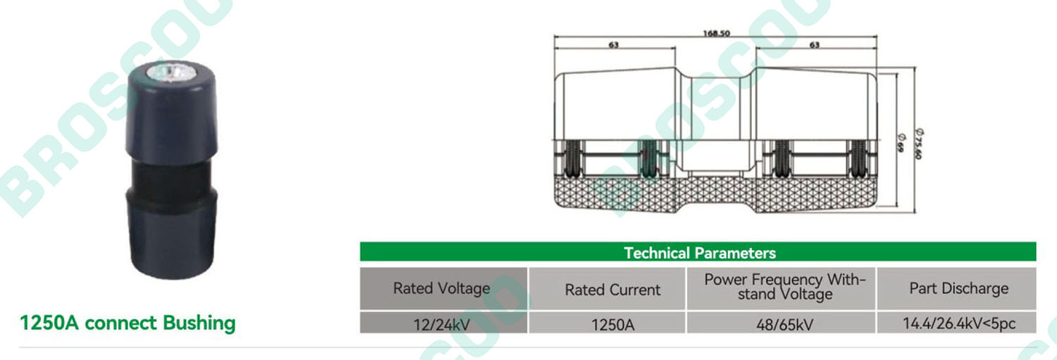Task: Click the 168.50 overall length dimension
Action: point(716,33)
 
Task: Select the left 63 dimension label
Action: point(614,45)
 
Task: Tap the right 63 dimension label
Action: point(815,45)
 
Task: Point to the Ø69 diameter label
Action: point(901,143)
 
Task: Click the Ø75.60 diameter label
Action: point(919,144)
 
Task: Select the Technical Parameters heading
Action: point(700,253)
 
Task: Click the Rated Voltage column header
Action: point(442,288)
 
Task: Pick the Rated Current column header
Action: point(612,290)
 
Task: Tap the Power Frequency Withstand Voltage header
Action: point(785,287)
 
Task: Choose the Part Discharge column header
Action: point(959,288)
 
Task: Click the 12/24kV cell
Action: point(442,325)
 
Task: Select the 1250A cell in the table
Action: point(612,325)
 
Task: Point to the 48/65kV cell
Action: point(785,325)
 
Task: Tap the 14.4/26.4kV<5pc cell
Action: point(959,323)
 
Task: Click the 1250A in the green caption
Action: point(49,323)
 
